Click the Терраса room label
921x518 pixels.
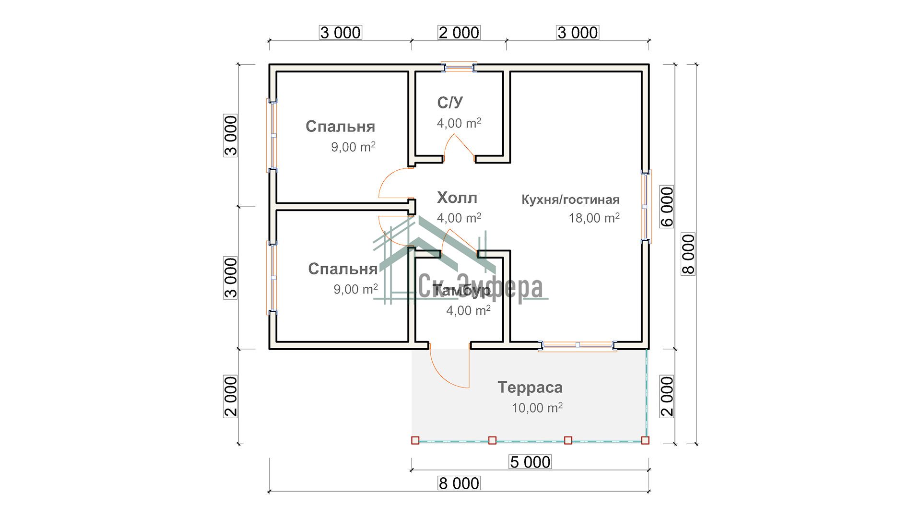[530, 387]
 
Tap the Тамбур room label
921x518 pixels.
[461, 290]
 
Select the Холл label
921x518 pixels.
[457, 197]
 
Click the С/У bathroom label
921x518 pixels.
[450, 102]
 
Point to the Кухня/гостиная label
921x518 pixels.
[570, 200]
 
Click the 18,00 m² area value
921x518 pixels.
[594, 218]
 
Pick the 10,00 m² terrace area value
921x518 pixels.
[537, 408]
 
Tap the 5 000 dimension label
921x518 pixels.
[530, 462]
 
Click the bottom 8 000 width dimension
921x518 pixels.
[459, 483]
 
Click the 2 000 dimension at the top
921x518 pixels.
[459, 33]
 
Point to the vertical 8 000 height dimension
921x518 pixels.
[688, 254]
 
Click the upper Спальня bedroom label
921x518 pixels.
[340, 126]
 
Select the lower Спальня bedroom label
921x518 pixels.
[342, 269]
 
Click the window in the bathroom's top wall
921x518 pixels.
[459, 67]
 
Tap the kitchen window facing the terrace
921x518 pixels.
[578, 345]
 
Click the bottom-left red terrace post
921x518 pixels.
[415, 440]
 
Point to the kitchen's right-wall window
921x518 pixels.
[646, 206]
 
